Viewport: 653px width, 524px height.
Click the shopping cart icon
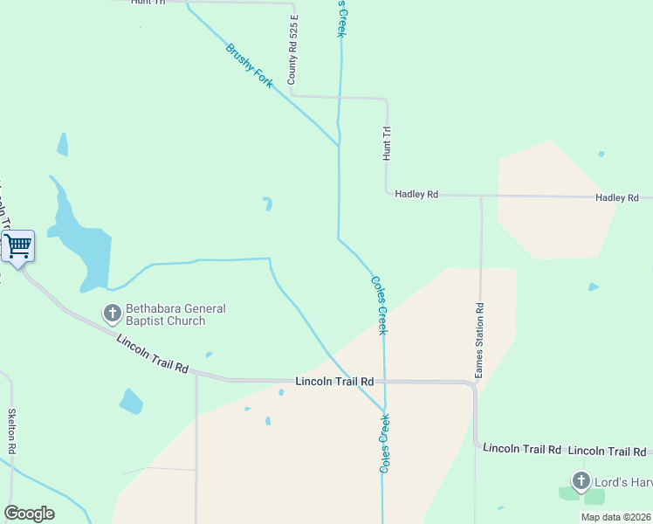pyautogui.click(x=18, y=246)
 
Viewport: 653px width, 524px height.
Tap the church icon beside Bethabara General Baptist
pyautogui.click(x=113, y=313)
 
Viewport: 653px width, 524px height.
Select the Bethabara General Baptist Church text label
pyautogui.click(x=175, y=314)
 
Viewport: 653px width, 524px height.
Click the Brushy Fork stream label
pyautogui.click(x=250, y=65)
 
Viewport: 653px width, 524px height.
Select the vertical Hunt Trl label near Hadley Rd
pyautogui.click(x=387, y=143)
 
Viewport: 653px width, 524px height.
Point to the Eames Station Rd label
pyautogui.click(x=479, y=341)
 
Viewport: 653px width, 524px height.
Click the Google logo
pyautogui.click(x=29, y=514)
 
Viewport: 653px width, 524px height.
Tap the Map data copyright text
pyautogui.click(x=616, y=517)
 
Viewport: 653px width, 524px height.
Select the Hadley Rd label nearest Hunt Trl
pyautogui.click(x=416, y=194)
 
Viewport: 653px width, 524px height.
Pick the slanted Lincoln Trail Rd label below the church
pyautogui.click(x=152, y=354)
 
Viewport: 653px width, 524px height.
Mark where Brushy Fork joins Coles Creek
pyautogui.click(x=339, y=146)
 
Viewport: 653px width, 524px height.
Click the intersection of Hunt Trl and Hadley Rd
pyautogui.click(x=387, y=194)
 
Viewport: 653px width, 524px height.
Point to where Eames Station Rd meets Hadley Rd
pyautogui.click(x=481, y=196)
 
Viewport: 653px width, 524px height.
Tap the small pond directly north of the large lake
pyautogui.click(x=62, y=144)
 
